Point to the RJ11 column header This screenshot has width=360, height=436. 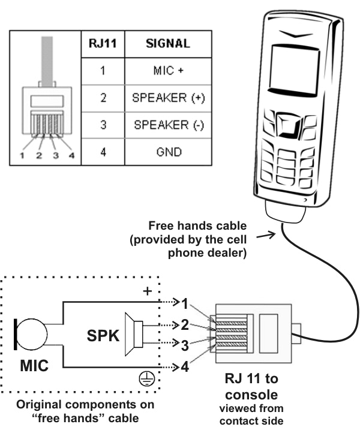pos(102,44)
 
